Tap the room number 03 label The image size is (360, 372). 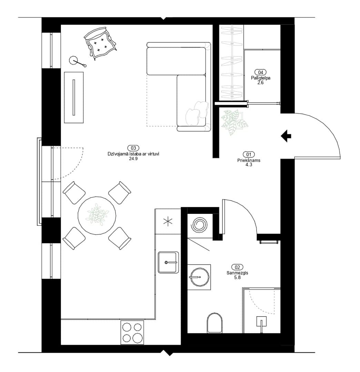(x=133, y=148)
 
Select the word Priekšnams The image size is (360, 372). (x=249, y=161)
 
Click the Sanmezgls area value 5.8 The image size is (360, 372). (x=237, y=277)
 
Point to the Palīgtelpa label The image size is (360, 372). (x=260, y=78)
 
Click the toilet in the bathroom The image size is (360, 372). (x=214, y=323)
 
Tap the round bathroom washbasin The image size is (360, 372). (x=199, y=277)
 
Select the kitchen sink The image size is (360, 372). (x=168, y=262)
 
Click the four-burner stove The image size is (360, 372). (x=132, y=332)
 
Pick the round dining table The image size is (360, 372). (x=97, y=215)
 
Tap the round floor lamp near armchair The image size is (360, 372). (x=73, y=60)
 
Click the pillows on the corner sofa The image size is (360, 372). (x=197, y=113)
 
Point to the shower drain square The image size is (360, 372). (x=261, y=321)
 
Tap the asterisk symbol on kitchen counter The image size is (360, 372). (x=168, y=222)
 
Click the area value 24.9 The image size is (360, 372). (x=133, y=159)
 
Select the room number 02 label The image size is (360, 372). (x=237, y=267)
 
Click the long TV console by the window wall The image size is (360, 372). (x=74, y=97)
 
